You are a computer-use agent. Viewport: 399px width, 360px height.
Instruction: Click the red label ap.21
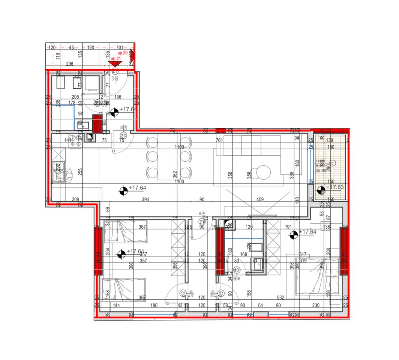pyautogui.click(x=114, y=59)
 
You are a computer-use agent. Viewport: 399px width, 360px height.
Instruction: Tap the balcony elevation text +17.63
pyautogui.click(x=335, y=187)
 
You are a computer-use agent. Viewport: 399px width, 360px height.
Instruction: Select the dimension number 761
pyautogui.click(x=219, y=141)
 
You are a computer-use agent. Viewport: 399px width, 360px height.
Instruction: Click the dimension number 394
pyautogui.click(x=145, y=199)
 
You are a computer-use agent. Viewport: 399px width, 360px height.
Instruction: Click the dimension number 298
pyautogui.click(x=69, y=64)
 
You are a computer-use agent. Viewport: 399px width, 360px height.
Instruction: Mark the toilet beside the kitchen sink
pyautogui.click(x=67, y=173)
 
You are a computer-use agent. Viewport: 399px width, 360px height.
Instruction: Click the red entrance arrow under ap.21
pyautogui.click(x=112, y=64)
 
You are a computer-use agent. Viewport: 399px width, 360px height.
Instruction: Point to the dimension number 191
pyautogui.click(x=288, y=226)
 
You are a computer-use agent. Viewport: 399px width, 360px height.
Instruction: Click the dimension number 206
pyautogui.click(x=75, y=97)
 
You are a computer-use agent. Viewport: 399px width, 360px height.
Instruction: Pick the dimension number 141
pyautogui.click(x=68, y=141)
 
